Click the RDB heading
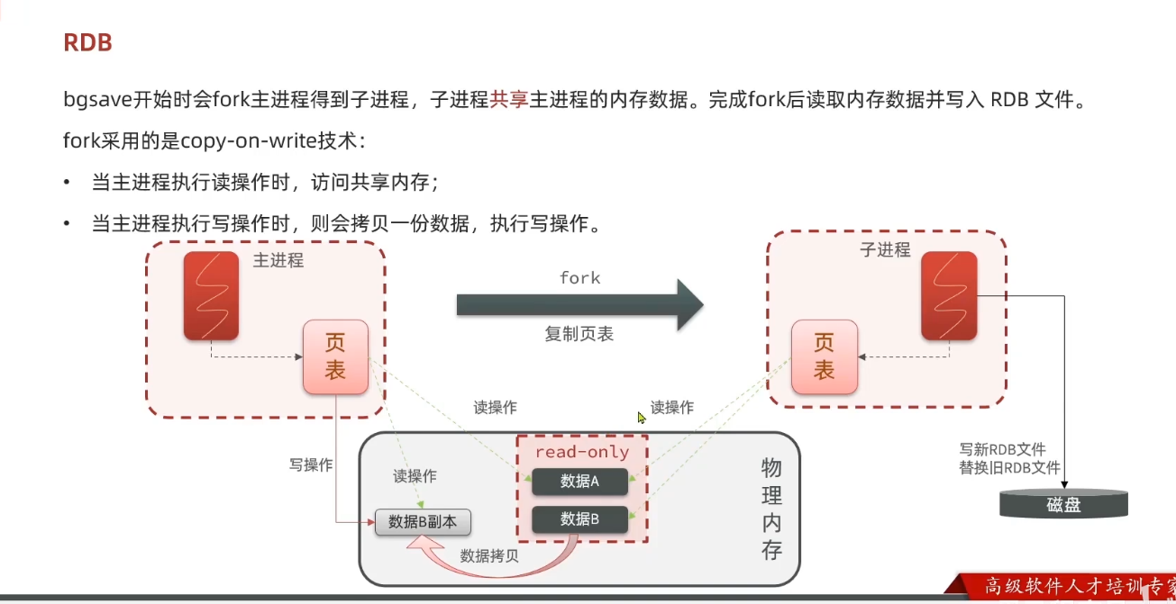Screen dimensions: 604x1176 (x=87, y=42)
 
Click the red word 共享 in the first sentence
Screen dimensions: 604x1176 (x=509, y=99)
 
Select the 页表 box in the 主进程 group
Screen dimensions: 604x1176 (x=335, y=356)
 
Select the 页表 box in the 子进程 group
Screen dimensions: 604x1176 (x=824, y=356)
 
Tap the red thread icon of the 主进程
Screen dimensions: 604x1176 (x=211, y=296)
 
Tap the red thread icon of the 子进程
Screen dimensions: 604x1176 (x=949, y=296)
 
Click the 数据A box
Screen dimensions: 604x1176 (x=579, y=482)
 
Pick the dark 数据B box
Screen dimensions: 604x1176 (x=579, y=518)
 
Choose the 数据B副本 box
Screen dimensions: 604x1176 (x=423, y=521)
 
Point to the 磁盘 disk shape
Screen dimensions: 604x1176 (x=1063, y=503)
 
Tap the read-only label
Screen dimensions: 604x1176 (x=582, y=452)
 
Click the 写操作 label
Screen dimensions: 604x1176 (x=311, y=465)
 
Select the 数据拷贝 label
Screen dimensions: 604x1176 (x=489, y=555)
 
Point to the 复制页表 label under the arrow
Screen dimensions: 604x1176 (x=579, y=334)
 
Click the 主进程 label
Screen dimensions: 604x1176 (x=278, y=261)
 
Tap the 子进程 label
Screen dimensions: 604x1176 (x=885, y=250)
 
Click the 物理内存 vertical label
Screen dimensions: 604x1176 (x=771, y=509)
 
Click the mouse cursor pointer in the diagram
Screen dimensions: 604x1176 (x=642, y=418)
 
